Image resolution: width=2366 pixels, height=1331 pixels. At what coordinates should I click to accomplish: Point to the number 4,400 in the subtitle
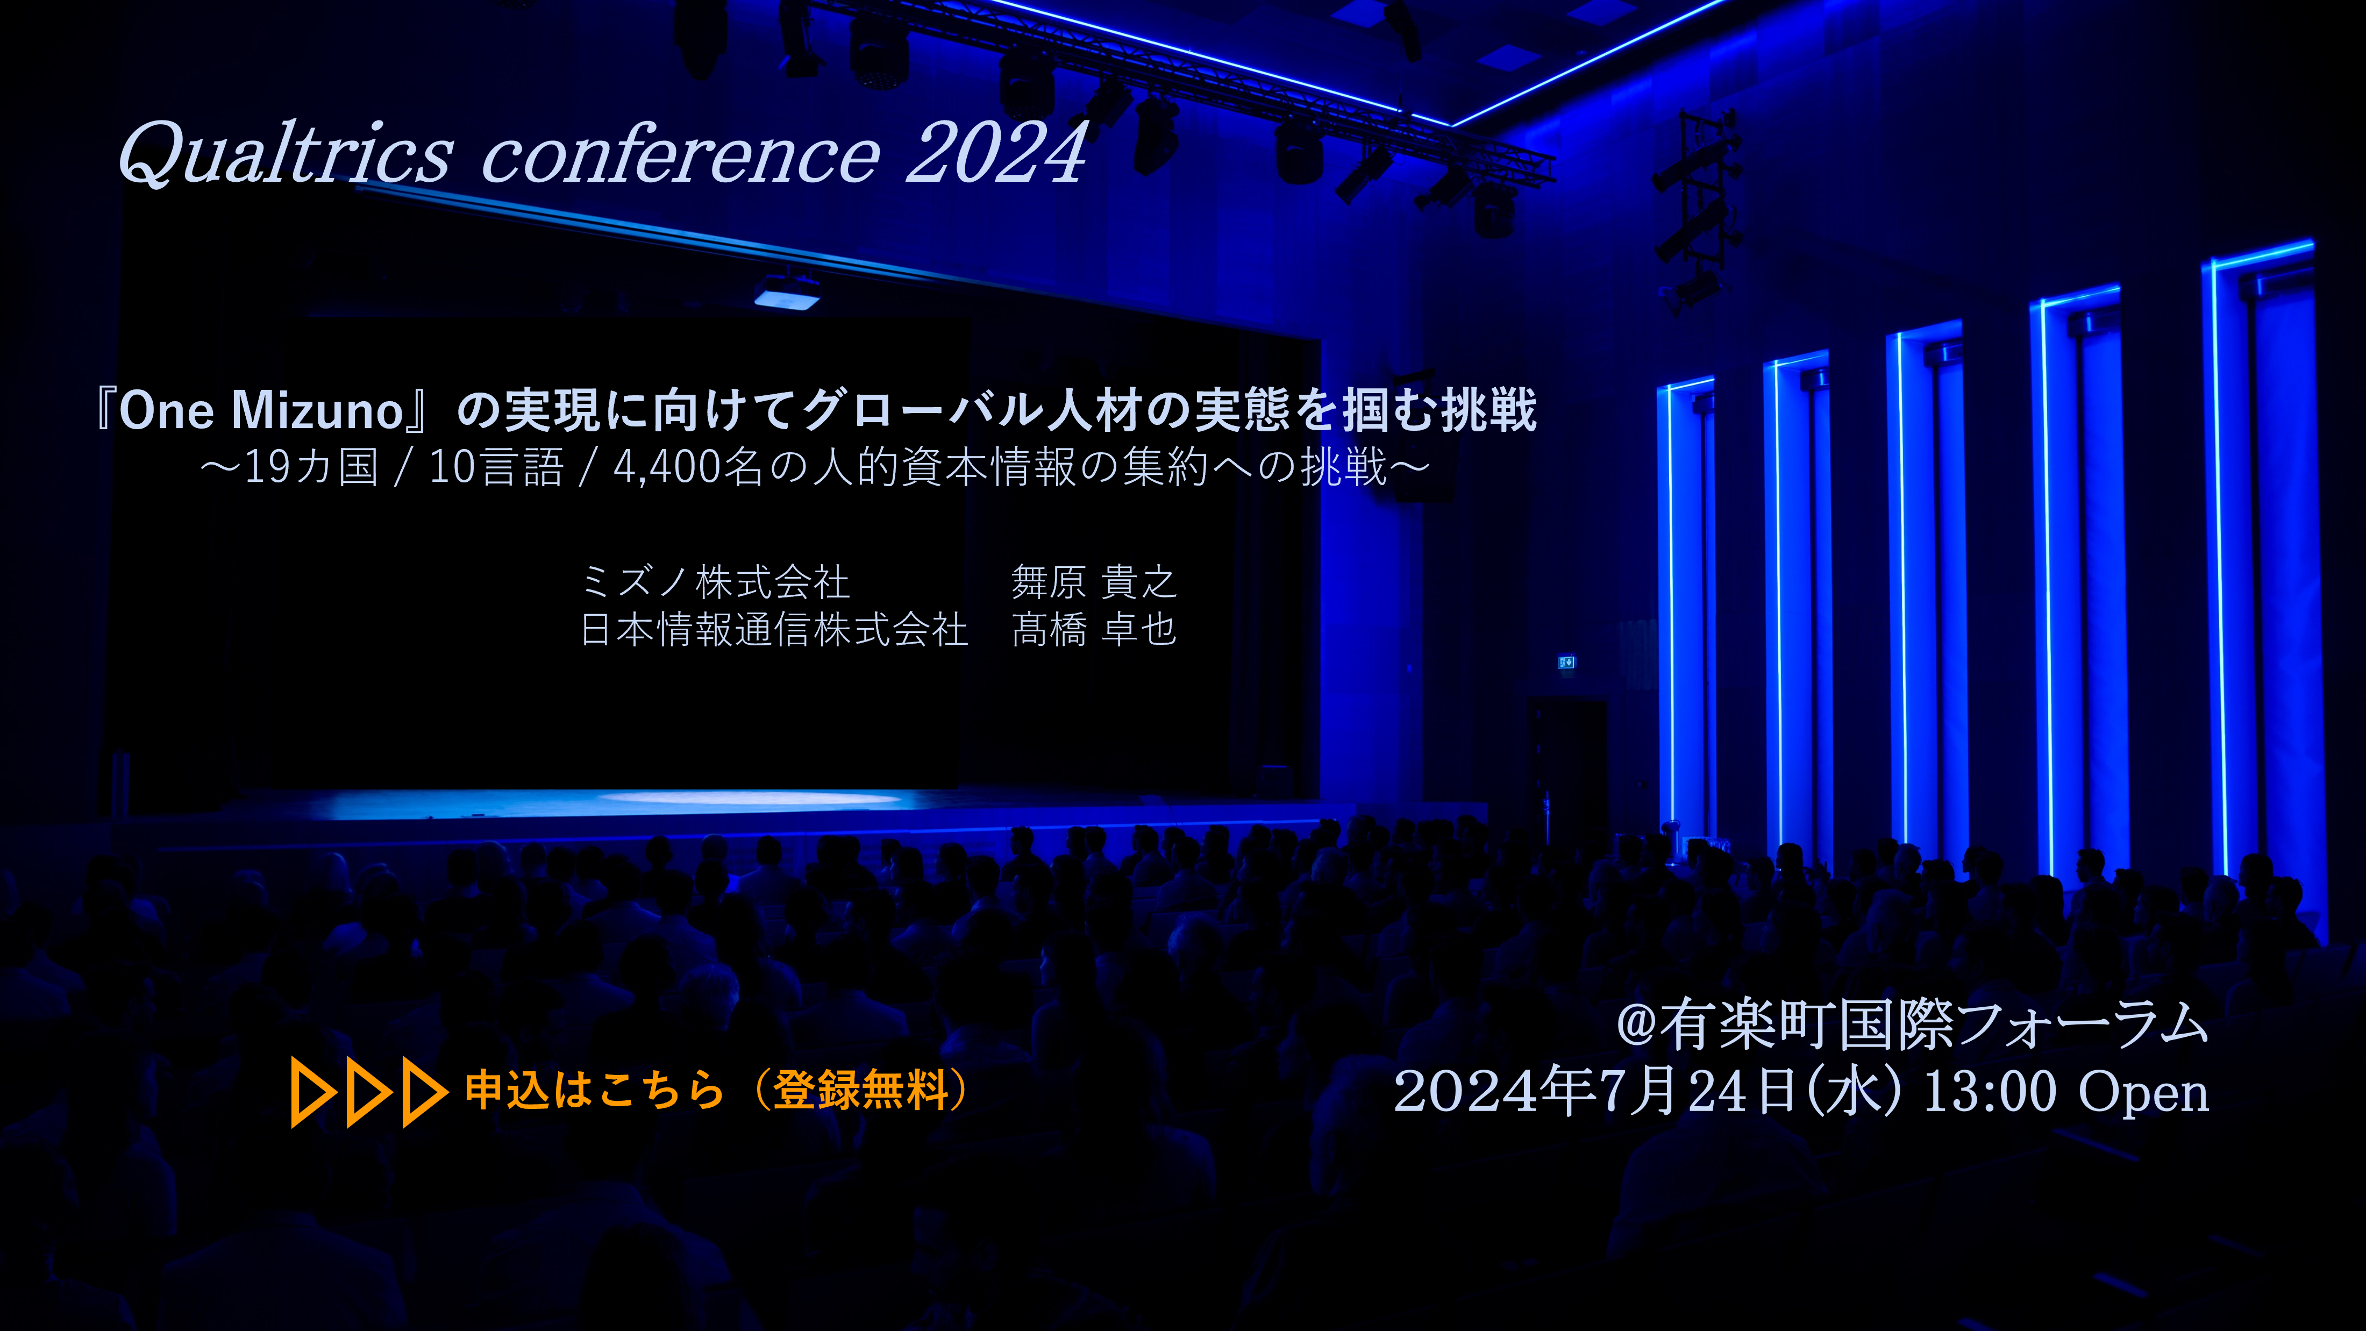[666, 467]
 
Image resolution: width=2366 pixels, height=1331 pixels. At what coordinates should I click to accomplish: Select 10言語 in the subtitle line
[496, 467]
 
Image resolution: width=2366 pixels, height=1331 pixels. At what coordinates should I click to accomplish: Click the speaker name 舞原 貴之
[1093, 581]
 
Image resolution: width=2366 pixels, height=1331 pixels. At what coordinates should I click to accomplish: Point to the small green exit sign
[1566, 661]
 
